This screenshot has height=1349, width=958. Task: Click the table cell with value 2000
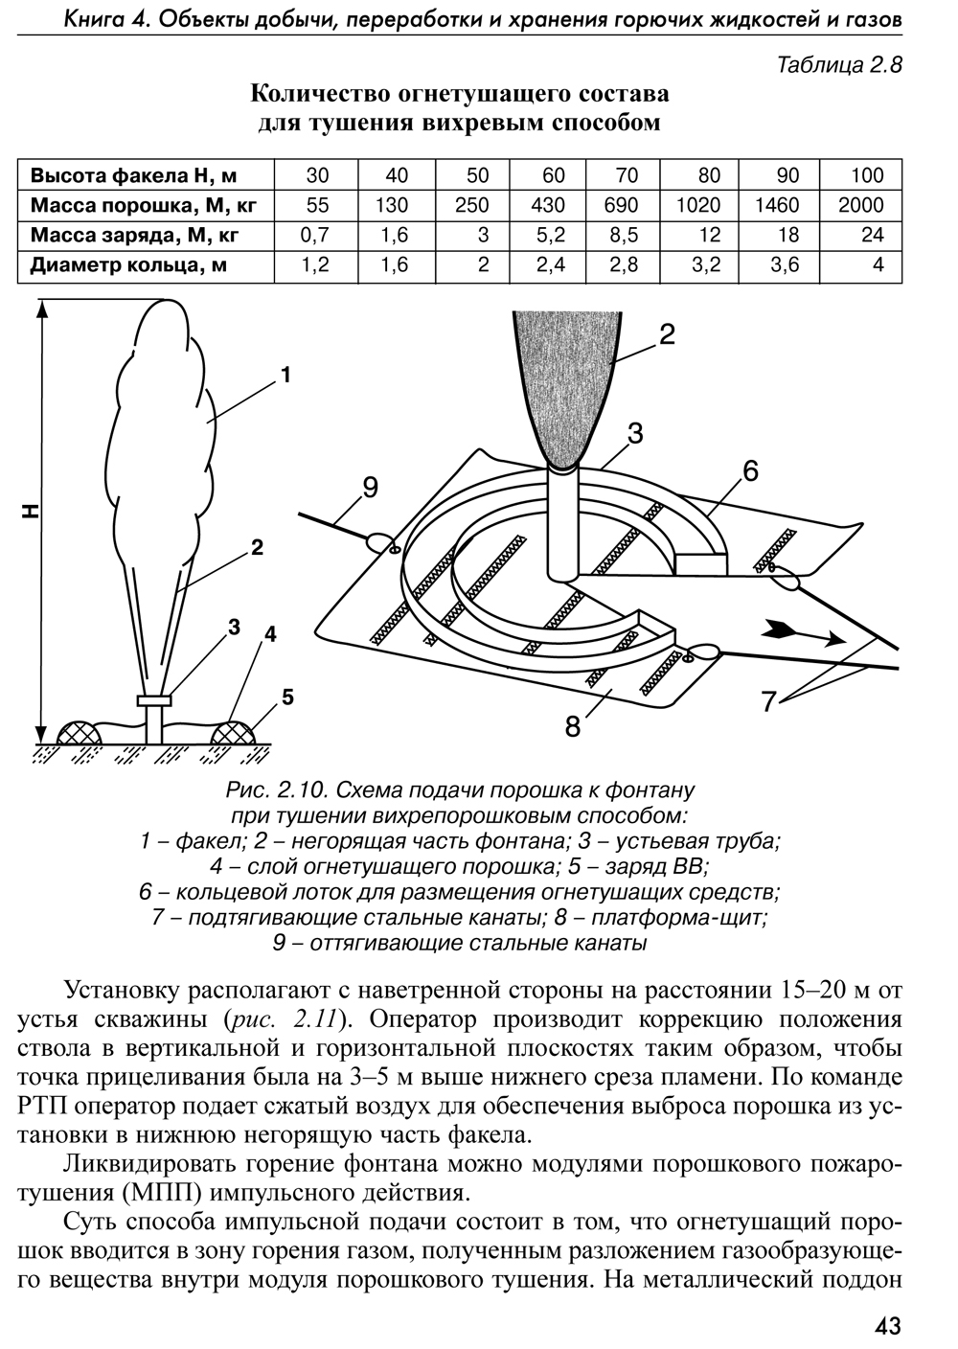[860, 205]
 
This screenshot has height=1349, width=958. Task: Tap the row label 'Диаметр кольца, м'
[128, 265]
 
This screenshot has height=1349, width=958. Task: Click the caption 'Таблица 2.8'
[840, 66]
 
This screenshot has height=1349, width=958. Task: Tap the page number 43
[887, 1326]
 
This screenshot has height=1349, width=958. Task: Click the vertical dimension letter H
[31, 513]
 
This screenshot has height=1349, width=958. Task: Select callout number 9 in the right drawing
[371, 488]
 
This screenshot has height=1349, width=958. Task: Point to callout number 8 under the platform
[573, 727]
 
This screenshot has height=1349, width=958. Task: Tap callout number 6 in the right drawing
[749, 470]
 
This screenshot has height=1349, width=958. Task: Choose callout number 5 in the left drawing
[287, 697]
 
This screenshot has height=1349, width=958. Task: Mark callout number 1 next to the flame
[285, 376]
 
